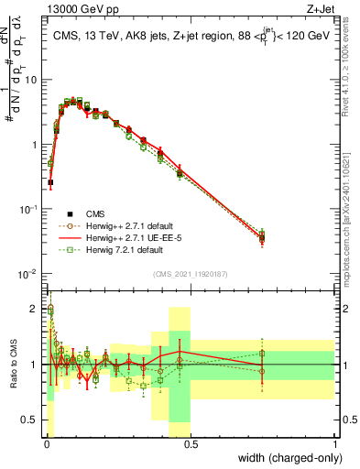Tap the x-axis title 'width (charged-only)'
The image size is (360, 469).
(x=286, y=459)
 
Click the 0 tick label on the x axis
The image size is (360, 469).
(x=47, y=444)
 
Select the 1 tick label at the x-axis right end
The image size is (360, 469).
(x=334, y=444)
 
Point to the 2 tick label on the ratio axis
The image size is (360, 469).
(x=35, y=309)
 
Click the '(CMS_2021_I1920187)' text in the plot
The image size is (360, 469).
(x=191, y=273)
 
